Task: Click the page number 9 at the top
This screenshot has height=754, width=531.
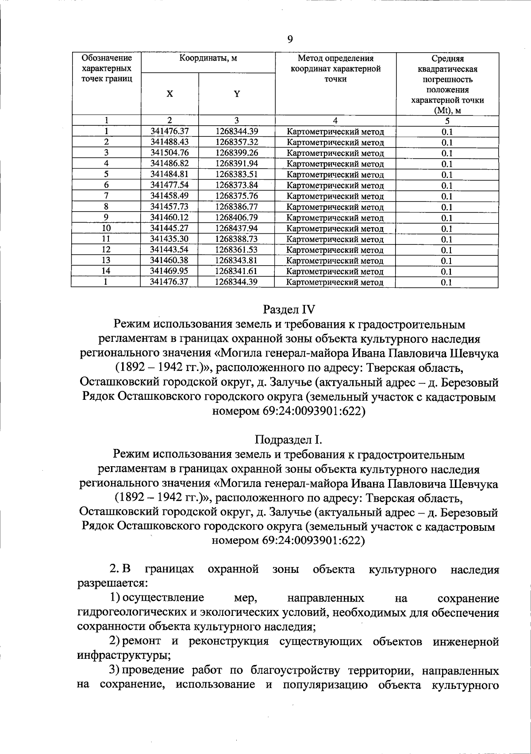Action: [290, 39]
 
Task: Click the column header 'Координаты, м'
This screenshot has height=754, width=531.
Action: [208, 58]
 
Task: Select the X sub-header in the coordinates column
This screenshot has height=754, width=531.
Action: [169, 94]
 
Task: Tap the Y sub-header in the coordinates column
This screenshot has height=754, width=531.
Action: [237, 94]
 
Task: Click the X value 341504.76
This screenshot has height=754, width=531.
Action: [169, 153]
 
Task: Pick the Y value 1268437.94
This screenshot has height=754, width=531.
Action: [237, 228]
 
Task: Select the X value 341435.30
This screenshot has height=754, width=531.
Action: [169, 239]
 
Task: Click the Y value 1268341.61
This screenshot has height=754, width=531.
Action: [237, 271]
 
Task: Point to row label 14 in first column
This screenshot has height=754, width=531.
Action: [106, 271]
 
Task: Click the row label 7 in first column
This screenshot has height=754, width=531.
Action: [106, 196]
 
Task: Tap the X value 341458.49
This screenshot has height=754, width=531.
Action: [169, 196]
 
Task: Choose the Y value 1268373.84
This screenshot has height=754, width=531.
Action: [237, 185]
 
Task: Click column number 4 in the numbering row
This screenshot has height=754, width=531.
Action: [335, 120]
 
